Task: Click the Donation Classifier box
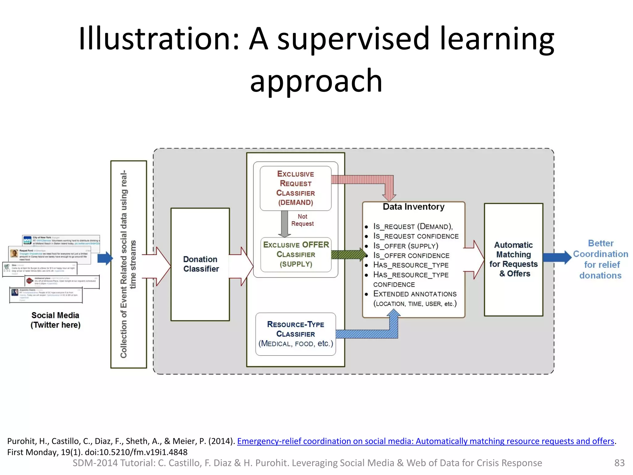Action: pyautogui.click(x=200, y=264)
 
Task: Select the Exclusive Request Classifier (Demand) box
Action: pyautogui.click(x=295, y=188)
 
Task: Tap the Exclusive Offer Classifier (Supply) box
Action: pyautogui.click(x=296, y=254)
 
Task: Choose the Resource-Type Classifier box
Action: pyautogui.click(x=295, y=334)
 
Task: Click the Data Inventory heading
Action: pyautogui.click(x=414, y=207)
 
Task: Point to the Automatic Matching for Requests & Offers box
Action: pyautogui.click(x=513, y=259)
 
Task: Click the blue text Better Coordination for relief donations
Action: pyautogui.click(x=600, y=259)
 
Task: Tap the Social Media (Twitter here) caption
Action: pyautogui.click(x=55, y=320)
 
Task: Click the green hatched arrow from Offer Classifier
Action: pyautogui.click(x=348, y=255)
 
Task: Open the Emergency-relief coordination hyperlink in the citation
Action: pyautogui.click(x=425, y=441)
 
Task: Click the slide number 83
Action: pyautogui.click(x=619, y=463)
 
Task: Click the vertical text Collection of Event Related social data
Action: pyautogui.click(x=124, y=264)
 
